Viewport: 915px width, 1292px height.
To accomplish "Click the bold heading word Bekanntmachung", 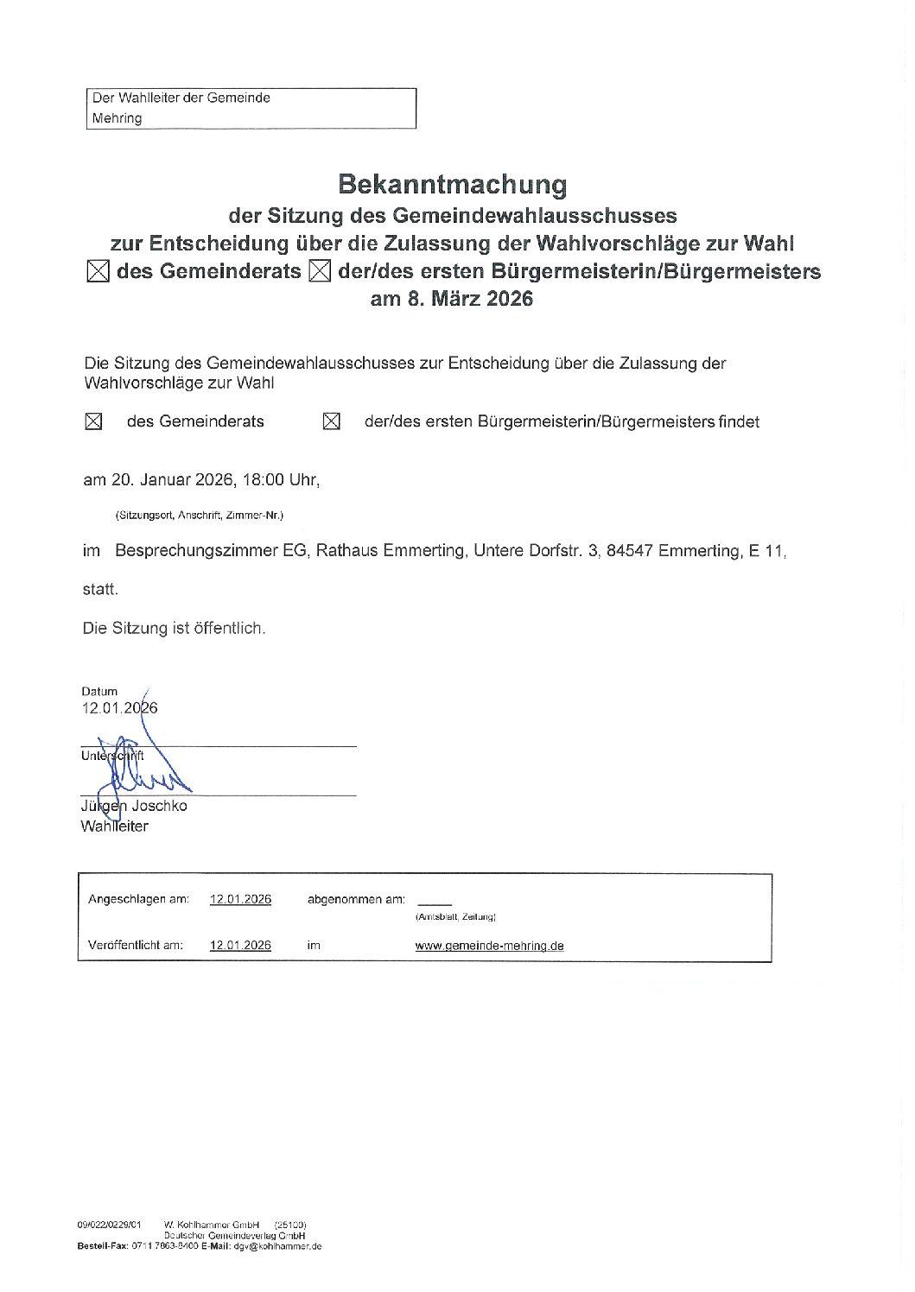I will pyautogui.click(x=452, y=184).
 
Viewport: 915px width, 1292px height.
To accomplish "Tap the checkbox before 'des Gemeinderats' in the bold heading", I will pyautogui.click(x=98, y=272).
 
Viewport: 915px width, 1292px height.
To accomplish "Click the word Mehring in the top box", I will pyautogui.click(x=117, y=118).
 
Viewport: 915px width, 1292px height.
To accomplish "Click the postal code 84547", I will pyautogui.click(x=629, y=550).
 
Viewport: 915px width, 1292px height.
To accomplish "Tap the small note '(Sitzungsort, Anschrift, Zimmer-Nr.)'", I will pyautogui.click(x=199, y=516).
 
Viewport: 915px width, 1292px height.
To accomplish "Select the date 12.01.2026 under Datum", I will pyautogui.click(x=119, y=708).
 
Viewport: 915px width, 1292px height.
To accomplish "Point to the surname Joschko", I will pyautogui.click(x=159, y=806).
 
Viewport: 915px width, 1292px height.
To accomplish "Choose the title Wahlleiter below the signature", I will pyautogui.click(x=114, y=826).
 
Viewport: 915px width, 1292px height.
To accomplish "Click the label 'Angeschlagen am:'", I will pyautogui.click(x=138, y=899).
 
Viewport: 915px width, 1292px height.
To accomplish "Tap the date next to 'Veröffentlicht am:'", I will pyautogui.click(x=240, y=945).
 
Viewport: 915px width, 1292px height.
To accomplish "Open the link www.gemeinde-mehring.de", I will pyautogui.click(x=489, y=946).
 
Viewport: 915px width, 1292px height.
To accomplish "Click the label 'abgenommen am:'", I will pyautogui.click(x=355, y=899).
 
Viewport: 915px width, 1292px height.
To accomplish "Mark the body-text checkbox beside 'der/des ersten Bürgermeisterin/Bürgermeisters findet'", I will pyautogui.click(x=331, y=421).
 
